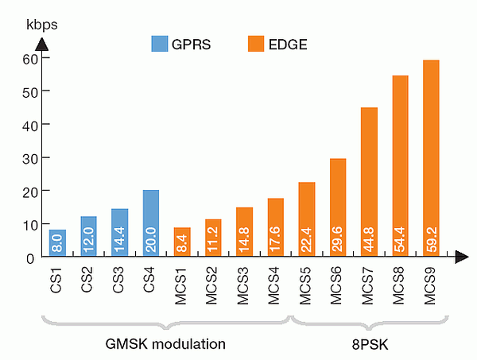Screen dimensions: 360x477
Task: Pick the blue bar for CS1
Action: pyautogui.click(x=57, y=242)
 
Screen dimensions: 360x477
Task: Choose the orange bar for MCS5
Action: pyautogui.click(x=307, y=219)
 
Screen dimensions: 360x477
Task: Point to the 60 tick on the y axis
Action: pyautogui.click(x=29, y=58)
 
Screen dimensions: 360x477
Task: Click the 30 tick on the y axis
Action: pyautogui.click(x=29, y=157)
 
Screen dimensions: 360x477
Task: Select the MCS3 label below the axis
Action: pyautogui.click(x=244, y=288)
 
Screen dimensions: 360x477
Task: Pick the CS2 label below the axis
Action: pyautogui.click(x=89, y=283)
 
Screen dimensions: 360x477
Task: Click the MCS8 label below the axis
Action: pyautogui.click(x=401, y=288)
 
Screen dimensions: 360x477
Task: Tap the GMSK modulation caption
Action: pyautogui.click(x=165, y=344)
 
